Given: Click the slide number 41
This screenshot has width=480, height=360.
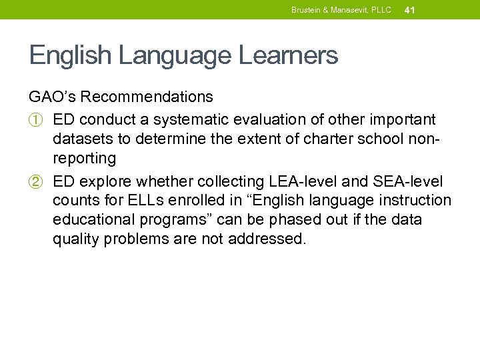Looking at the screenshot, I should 410,10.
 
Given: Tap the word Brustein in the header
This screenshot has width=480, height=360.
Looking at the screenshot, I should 305,10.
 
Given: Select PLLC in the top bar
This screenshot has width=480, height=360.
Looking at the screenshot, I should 380,10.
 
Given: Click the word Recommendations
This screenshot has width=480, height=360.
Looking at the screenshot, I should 147,97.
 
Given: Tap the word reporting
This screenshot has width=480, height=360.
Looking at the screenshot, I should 84,159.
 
